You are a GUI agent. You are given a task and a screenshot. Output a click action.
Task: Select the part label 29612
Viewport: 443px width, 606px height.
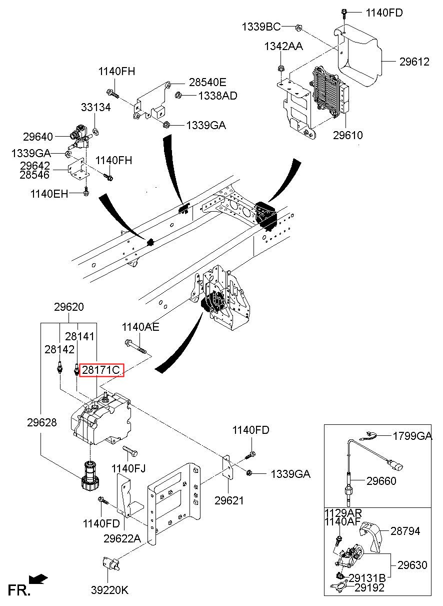click(414, 62)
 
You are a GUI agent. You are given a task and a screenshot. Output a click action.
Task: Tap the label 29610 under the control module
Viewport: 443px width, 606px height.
click(347, 135)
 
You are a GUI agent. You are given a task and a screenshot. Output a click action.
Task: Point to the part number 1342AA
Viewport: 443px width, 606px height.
click(283, 46)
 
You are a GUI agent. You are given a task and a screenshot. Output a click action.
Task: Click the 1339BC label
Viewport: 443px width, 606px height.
click(261, 27)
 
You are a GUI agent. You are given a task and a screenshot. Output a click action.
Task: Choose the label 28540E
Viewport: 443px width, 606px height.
click(207, 82)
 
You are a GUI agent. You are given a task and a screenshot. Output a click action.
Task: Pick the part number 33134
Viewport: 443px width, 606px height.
click(95, 108)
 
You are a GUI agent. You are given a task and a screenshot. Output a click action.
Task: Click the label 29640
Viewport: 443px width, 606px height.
click(38, 137)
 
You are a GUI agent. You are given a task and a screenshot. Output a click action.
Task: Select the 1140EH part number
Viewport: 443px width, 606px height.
click(49, 194)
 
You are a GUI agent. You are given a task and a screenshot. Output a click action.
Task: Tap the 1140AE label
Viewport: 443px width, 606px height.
click(140, 327)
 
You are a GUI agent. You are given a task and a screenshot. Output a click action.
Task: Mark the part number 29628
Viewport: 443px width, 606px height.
click(42, 422)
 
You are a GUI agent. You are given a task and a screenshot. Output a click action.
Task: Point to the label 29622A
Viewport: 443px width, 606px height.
click(122, 538)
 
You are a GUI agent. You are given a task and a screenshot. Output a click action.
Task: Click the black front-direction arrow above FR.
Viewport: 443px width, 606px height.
click(38, 578)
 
